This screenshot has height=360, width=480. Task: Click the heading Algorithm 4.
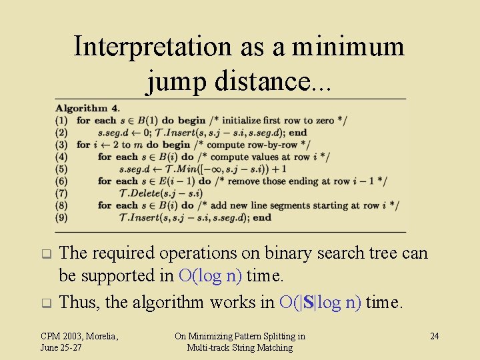point(87,108)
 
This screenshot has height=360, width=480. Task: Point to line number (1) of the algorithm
point(61,121)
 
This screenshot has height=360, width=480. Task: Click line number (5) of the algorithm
point(61,169)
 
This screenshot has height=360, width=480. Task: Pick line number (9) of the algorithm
point(61,217)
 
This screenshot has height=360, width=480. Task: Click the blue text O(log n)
point(211,275)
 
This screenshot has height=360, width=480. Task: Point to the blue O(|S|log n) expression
point(321,303)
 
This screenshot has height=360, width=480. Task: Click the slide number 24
point(434,336)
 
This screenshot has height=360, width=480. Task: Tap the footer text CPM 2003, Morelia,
point(79,336)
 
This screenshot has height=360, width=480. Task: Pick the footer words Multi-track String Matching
point(239,347)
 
